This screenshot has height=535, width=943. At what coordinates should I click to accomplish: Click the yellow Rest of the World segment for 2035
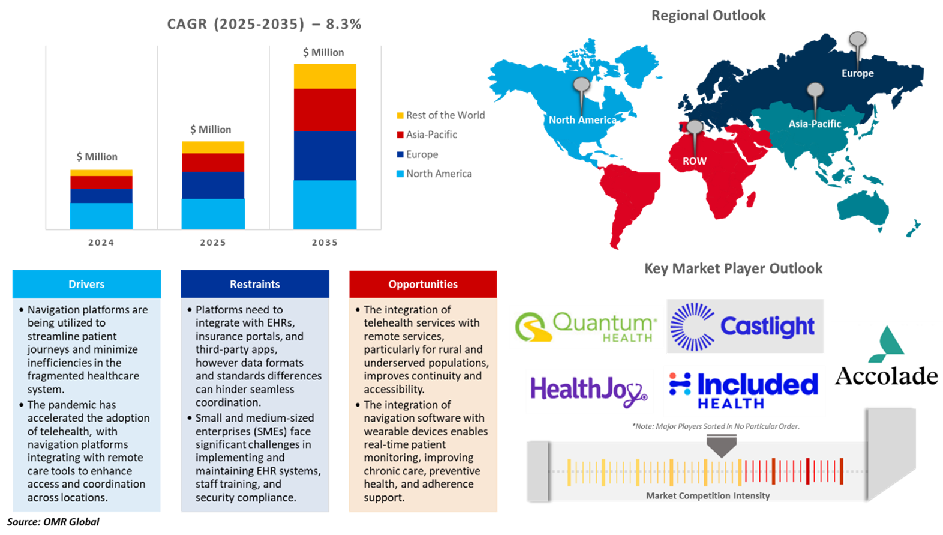click(325, 76)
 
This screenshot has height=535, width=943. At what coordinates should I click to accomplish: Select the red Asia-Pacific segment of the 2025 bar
click(213, 162)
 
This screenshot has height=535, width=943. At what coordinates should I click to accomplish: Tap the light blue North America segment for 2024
click(101, 216)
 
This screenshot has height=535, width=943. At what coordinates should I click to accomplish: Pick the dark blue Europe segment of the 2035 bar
click(325, 155)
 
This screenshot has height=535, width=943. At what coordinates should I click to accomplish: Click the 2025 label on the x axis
click(212, 243)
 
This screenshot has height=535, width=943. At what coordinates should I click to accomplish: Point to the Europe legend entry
click(422, 154)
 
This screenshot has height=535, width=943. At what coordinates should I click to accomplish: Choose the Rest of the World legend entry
click(445, 115)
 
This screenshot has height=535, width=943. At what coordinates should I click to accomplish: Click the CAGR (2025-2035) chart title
click(264, 24)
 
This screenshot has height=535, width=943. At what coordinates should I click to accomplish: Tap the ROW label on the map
click(694, 161)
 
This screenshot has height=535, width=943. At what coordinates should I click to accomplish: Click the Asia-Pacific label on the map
click(815, 124)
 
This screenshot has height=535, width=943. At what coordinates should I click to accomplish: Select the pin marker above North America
click(581, 86)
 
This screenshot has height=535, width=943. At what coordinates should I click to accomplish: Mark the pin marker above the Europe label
click(858, 40)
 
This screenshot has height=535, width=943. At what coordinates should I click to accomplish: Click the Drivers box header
click(86, 284)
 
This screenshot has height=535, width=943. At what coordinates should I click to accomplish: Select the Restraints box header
click(255, 284)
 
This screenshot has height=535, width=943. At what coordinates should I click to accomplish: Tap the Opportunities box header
click(423, 284)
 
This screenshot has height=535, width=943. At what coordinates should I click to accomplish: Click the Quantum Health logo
click(587, 327)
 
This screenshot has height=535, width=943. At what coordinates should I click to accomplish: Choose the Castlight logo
click(745, 327)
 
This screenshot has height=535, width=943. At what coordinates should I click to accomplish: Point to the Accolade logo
click(887, 357)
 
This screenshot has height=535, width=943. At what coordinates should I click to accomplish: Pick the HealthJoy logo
click(589, 391)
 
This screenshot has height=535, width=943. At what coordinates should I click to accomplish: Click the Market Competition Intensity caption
click(708, 495)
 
